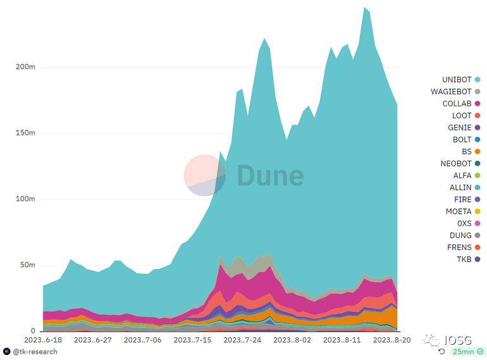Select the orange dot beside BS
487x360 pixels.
(x=478, y=152)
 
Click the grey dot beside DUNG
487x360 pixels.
(x=478, y=235)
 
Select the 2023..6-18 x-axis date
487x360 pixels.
(x=44, y=340)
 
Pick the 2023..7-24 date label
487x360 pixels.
(x=244, y=340)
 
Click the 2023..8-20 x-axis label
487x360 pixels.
(x=393, y=340)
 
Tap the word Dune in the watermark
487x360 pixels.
(x=270, y=176)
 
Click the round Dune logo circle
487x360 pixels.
(x=205, y=175)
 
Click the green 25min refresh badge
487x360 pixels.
(x=467, y=351)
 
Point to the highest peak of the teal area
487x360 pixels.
(x=365, y=8)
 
